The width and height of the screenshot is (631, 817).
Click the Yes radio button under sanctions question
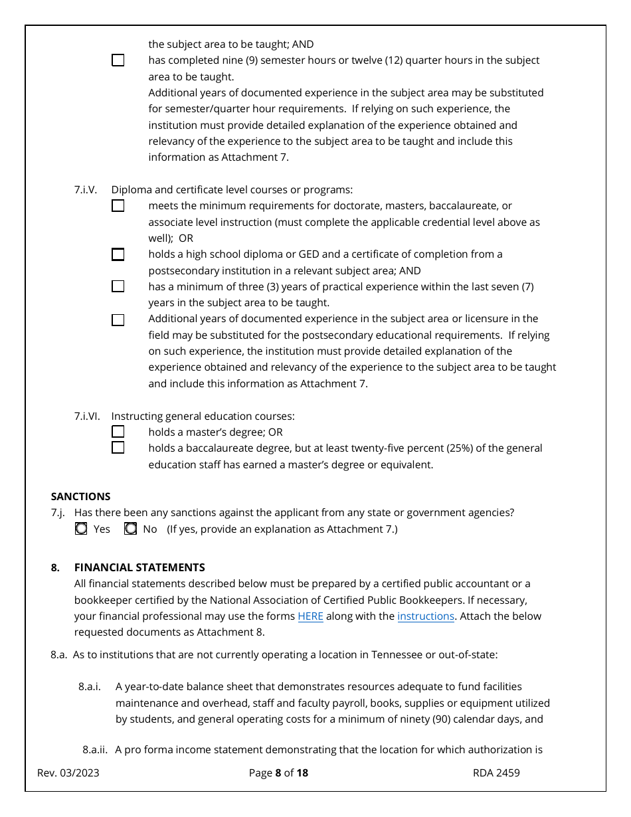[81, 529]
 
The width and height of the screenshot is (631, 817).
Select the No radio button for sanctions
[131, 529]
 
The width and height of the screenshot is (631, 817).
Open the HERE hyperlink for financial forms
[310, 616]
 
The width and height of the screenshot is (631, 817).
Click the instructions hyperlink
[426, 616]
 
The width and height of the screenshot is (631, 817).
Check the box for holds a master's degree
[118, 432]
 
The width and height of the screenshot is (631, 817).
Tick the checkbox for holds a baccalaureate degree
[118, 448]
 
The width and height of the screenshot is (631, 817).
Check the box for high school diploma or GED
[118, 254]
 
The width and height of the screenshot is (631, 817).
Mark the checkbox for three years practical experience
[118, 286]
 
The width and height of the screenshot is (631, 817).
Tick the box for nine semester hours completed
[118, 60]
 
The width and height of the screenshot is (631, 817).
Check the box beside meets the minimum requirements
[118, 206]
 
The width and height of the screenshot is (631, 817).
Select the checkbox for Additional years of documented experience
[118, 319]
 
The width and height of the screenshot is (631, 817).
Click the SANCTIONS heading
[80, 496]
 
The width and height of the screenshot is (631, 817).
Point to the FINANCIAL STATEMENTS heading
[139, 567]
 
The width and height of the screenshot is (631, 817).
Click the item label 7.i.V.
[85, 190]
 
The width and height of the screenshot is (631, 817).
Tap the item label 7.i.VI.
[86, 416]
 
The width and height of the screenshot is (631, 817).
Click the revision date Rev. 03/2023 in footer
[68, 772]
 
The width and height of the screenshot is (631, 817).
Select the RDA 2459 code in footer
[496, 772]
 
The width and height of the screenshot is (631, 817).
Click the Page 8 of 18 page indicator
[278, 772]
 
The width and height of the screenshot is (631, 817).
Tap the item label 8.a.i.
[90, 686]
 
